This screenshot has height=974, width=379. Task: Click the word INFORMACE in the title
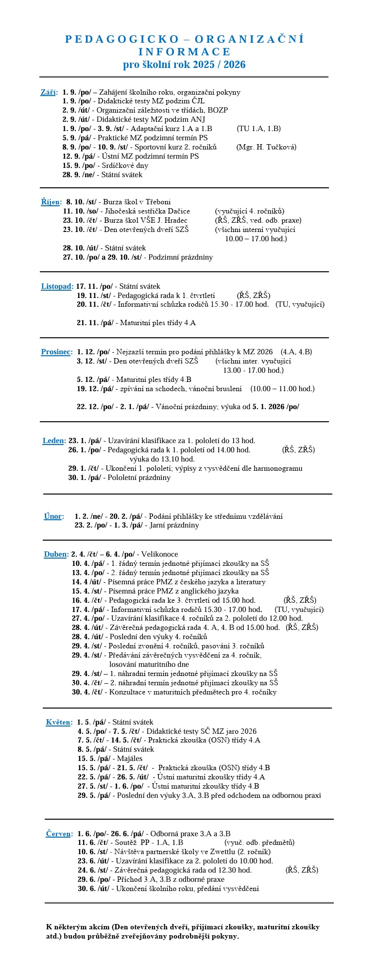point(184,52)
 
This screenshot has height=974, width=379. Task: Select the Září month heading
point(48,92)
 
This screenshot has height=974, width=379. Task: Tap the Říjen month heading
point(51,202)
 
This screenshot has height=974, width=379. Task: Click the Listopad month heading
point(56,286)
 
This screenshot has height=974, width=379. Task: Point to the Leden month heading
point(53,441)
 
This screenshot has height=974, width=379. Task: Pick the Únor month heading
point(53,516)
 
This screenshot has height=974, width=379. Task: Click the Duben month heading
point(55,554)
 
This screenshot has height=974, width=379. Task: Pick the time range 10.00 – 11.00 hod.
point(282,389)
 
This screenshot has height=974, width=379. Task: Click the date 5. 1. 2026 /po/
point(276,407)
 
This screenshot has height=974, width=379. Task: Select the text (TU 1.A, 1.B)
point(258,129)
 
